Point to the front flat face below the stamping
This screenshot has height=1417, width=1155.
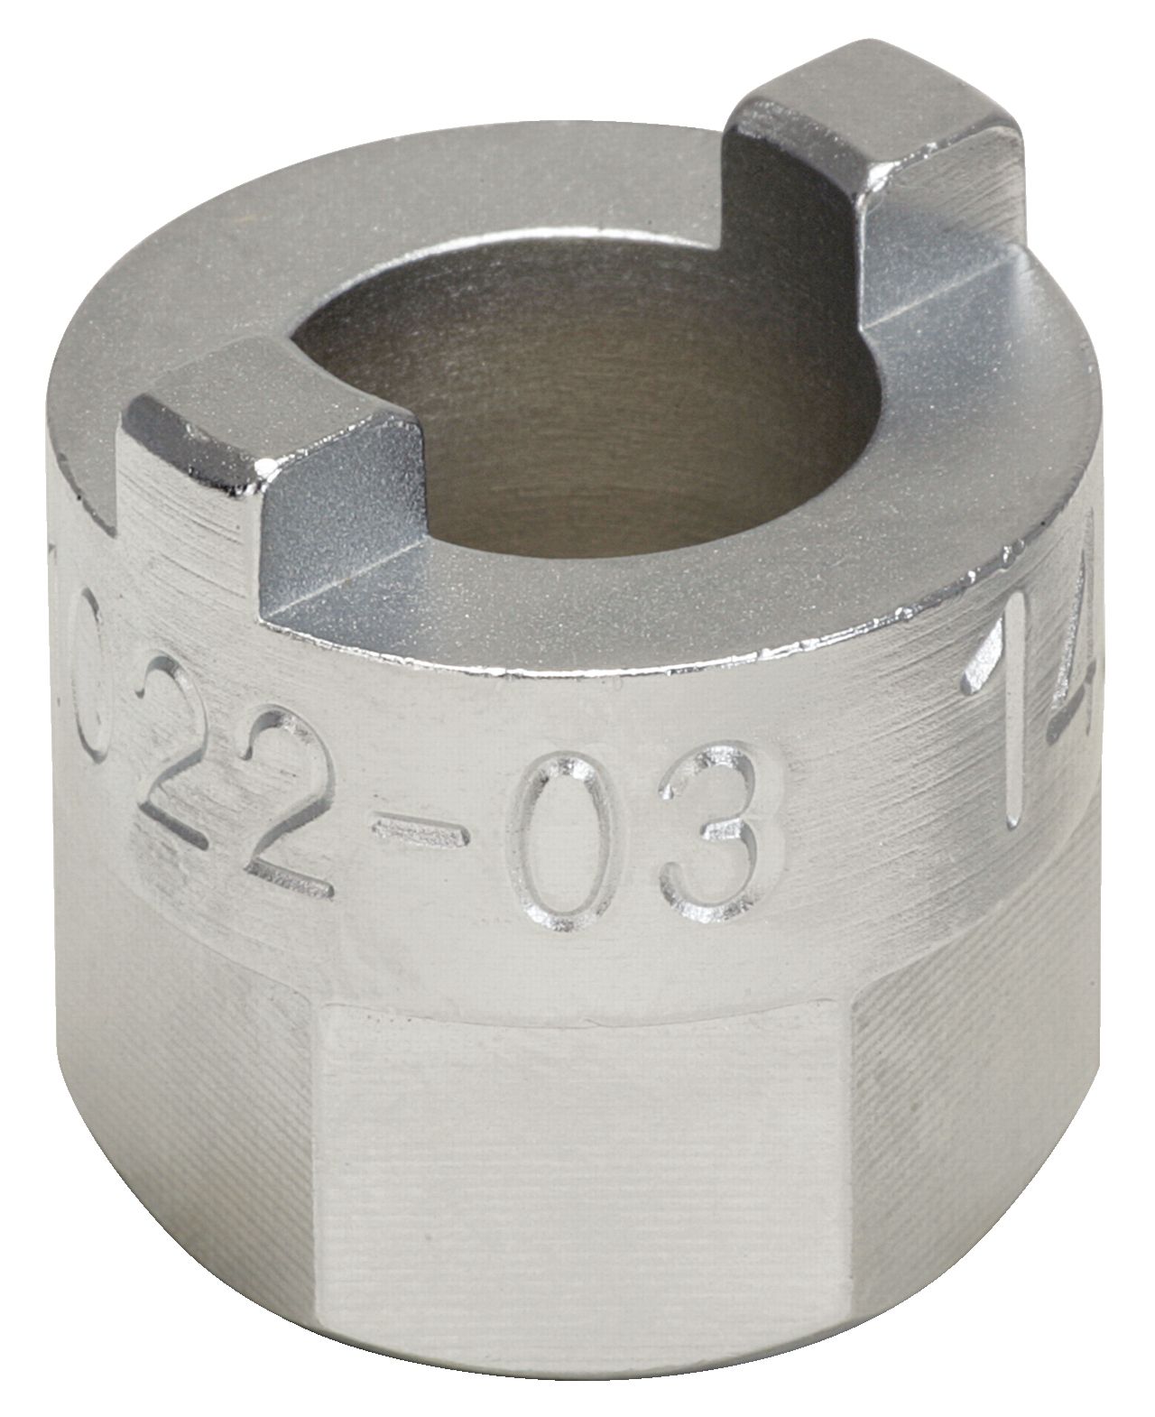tap(577, 1173)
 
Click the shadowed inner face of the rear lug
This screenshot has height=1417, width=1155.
tap(785, 226)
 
